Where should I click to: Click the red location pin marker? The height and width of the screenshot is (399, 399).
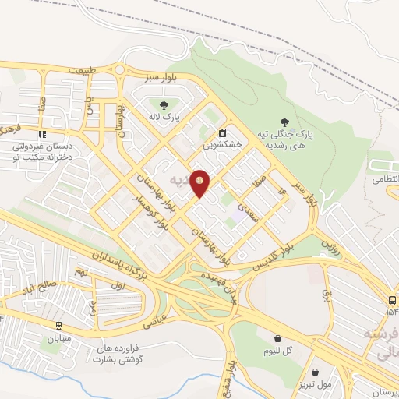click(x=200, y=183)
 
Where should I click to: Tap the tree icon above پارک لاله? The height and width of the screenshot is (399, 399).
click(x=164, y=106)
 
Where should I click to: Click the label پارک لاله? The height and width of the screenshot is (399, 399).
click(x=165, y=118)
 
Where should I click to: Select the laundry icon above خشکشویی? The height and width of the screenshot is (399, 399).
click(x=223, y=132)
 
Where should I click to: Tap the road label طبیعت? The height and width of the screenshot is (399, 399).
click(x=84, y=70)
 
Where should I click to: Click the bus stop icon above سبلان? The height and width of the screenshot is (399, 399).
click(x=58, y=327)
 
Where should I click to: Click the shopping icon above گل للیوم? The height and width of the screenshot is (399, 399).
click(x=278, y=338)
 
